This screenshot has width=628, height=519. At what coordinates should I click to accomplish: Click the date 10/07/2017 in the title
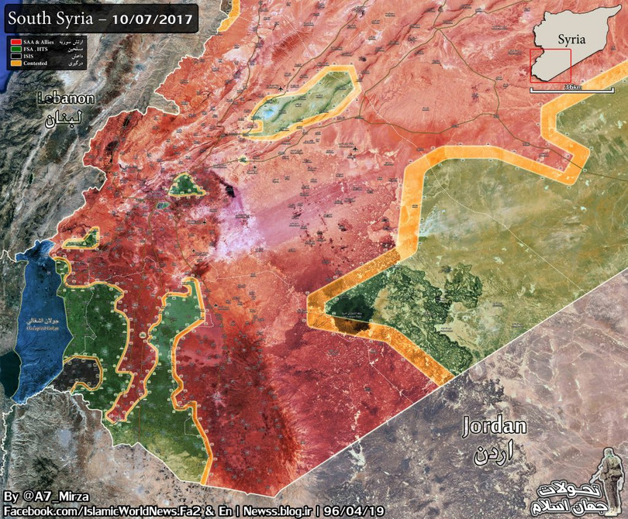[152, 16]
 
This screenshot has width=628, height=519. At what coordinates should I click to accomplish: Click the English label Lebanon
[67, 99]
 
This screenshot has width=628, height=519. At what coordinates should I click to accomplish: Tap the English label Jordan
[494, 426]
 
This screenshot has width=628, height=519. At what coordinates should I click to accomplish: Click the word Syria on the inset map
[571, 38]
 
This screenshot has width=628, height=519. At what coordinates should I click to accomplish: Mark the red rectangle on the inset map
[550, 66]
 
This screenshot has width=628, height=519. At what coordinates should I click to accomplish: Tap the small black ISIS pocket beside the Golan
[81, 373]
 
